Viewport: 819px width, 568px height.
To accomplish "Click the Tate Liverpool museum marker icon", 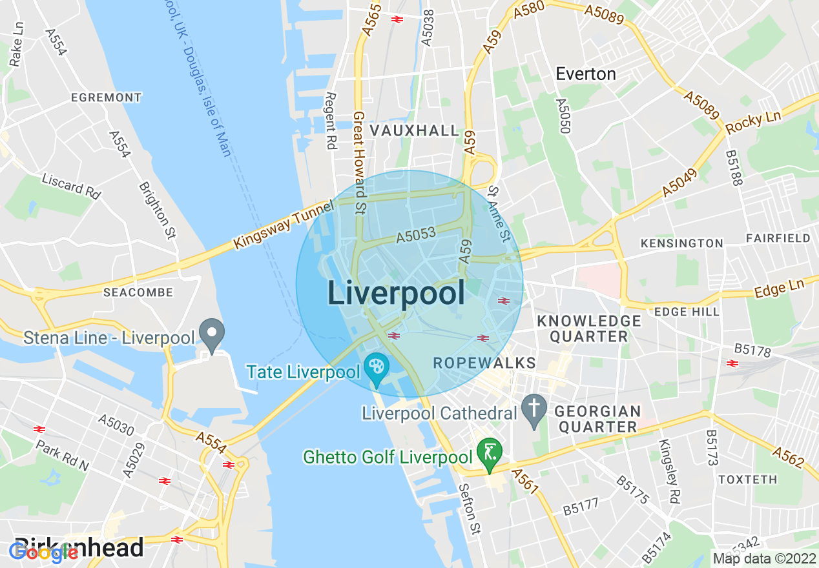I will point(376,368).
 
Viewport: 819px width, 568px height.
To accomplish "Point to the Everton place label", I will point(586,74).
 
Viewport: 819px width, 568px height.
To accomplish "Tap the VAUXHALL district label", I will point(414,130).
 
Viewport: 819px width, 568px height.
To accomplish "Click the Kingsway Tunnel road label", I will point(284,225).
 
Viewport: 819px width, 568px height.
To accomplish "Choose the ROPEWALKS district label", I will point(484,363).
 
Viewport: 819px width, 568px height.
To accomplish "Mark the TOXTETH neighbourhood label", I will point(748,480).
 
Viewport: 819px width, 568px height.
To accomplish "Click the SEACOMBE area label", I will point(138,292).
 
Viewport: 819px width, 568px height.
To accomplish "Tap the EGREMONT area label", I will point(106,97).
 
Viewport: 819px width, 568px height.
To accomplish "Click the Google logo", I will point(43,552).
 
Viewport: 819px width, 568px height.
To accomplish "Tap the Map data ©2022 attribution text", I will point(764,558).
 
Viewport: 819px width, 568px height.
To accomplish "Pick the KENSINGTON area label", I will point(681,243).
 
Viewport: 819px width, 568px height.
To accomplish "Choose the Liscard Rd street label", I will point(72,185).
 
